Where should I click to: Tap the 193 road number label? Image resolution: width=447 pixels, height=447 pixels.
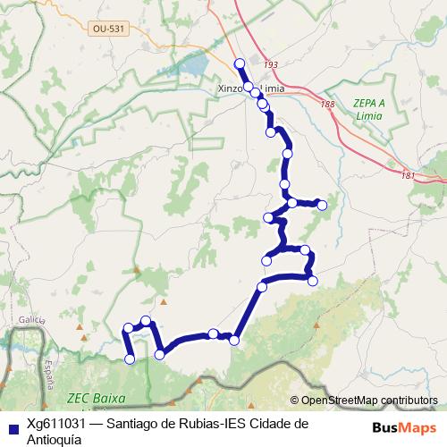coord(272,65)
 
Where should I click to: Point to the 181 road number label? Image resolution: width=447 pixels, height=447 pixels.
coord(409,175)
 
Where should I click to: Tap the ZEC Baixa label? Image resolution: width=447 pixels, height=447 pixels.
coord(97,398)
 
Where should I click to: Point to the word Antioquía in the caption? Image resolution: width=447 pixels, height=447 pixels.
coord(55,439)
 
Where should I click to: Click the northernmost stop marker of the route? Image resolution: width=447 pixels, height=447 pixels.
coord(239,63)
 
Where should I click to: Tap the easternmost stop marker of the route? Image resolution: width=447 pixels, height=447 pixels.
coord(323,206)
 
